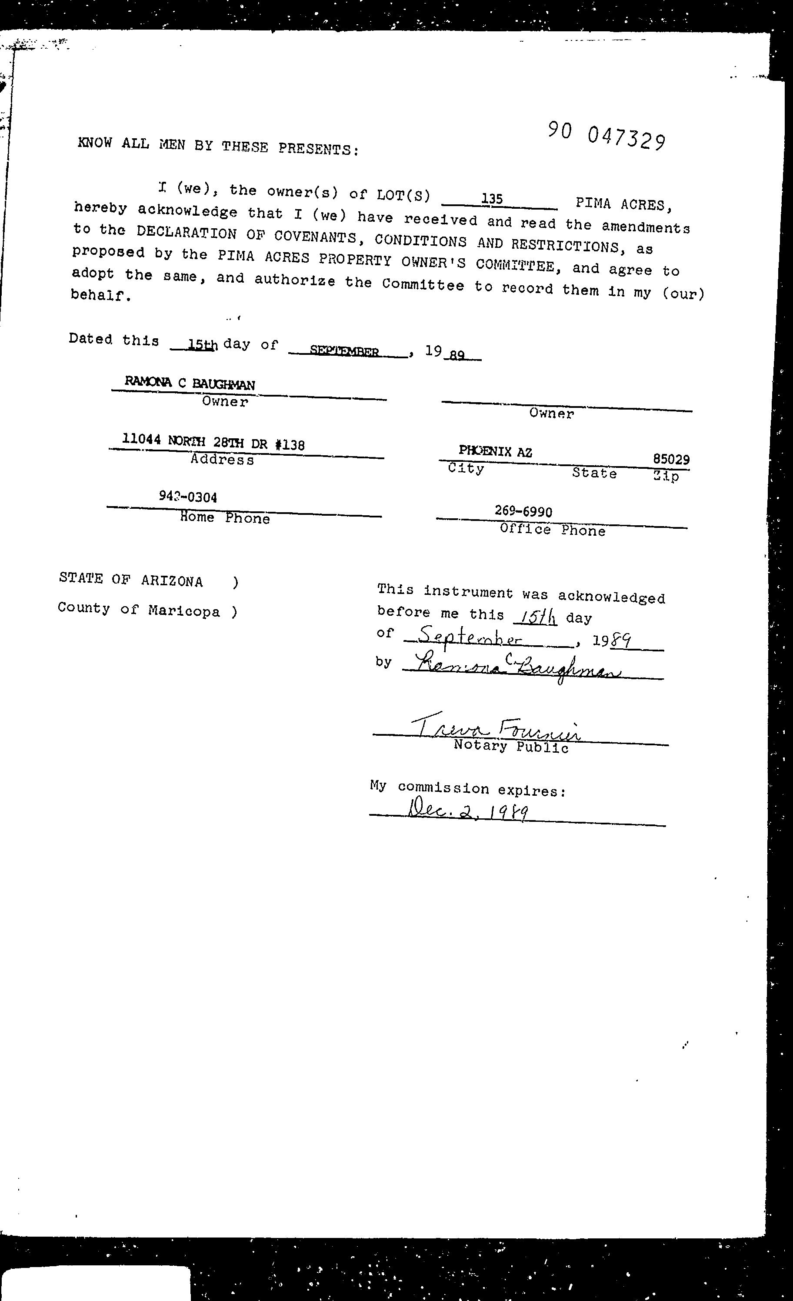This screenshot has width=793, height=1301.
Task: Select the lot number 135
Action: coord(492,199)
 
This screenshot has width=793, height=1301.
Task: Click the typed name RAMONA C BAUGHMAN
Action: coord(190,384)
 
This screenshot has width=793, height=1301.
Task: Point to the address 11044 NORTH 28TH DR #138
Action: coord(213,442)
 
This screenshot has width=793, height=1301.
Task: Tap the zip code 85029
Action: coord(670,459)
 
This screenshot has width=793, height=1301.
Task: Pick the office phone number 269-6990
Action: coord(523,511)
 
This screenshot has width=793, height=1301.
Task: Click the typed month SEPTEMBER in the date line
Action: coord(344,351)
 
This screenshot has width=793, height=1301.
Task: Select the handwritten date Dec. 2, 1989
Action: coord(468,811)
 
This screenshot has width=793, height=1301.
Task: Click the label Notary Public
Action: coord(510,747)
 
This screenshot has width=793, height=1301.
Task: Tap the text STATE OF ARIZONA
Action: coord(130,580)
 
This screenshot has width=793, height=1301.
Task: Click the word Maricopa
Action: coord(184,611)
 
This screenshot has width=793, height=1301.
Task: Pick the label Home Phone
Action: coord(224,518)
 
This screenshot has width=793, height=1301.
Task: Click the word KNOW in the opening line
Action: coord(94,143)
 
